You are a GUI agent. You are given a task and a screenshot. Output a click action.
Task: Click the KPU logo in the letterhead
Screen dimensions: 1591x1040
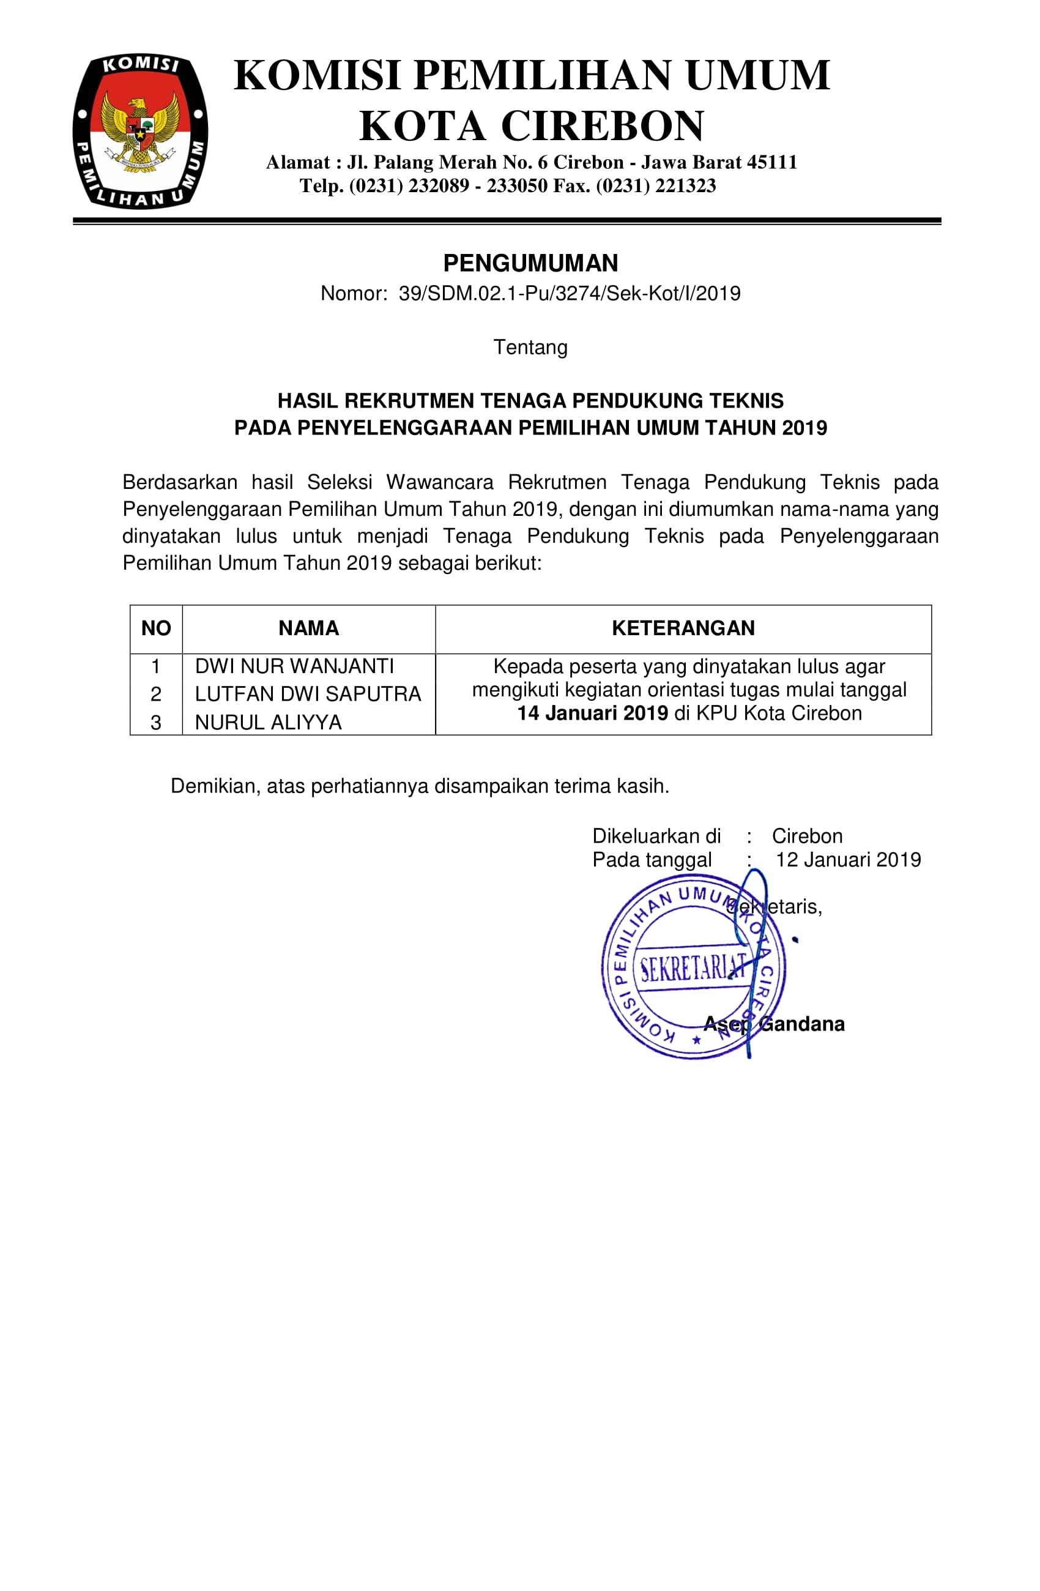click(x=139, y=132)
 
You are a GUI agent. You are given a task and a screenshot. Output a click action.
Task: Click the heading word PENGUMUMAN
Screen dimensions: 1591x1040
click(x=530, y=263)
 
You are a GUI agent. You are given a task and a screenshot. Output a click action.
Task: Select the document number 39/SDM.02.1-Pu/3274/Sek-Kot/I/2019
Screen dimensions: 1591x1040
click(x=569, y=294)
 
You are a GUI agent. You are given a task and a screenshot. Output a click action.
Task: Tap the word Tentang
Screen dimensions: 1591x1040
click(x=530, y=348)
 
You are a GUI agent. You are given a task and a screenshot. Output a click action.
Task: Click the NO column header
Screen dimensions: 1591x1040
click(x=156, y=628)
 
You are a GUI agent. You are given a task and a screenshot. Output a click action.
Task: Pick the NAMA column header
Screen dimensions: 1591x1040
click(x=308, y=628)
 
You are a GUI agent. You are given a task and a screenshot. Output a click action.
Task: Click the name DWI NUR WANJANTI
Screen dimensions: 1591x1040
click(x=294, y=666)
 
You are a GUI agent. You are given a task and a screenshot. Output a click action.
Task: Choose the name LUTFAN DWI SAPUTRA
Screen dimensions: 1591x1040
click(x=308, y=695)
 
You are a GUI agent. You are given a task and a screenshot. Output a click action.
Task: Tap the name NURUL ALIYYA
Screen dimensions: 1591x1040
click(x=268, y=723)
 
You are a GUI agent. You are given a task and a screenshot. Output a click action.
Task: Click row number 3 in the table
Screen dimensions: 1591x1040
click(x=156, y=723)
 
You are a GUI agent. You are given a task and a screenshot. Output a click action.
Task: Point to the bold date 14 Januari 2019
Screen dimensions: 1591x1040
click(x=592, y=714)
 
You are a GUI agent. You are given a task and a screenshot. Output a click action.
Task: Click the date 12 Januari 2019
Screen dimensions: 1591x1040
click(x=847, y=860)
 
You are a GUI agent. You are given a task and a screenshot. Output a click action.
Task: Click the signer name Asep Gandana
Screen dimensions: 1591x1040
click(x=773, y=1024)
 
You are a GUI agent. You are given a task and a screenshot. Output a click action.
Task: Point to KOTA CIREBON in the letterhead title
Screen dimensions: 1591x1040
click(x=532, y=126)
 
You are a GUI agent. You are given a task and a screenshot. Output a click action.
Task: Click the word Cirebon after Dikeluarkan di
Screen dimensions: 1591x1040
click(x=807, y=836)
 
